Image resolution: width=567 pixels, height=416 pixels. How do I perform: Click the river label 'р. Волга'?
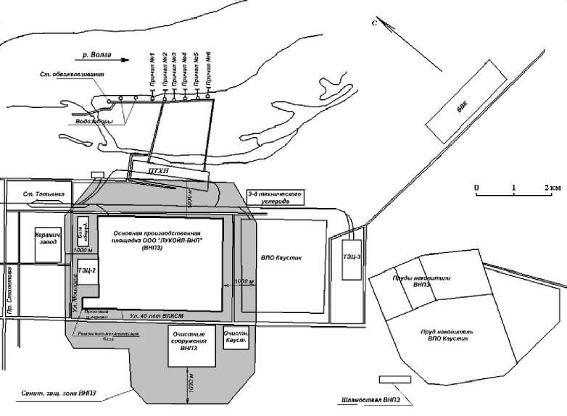[99, 54]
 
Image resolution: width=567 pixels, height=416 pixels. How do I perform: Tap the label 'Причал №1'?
[152, 70]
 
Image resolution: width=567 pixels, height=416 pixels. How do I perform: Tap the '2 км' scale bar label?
[552, 188]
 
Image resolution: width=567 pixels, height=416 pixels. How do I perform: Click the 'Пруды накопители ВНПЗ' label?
[413, 280]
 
